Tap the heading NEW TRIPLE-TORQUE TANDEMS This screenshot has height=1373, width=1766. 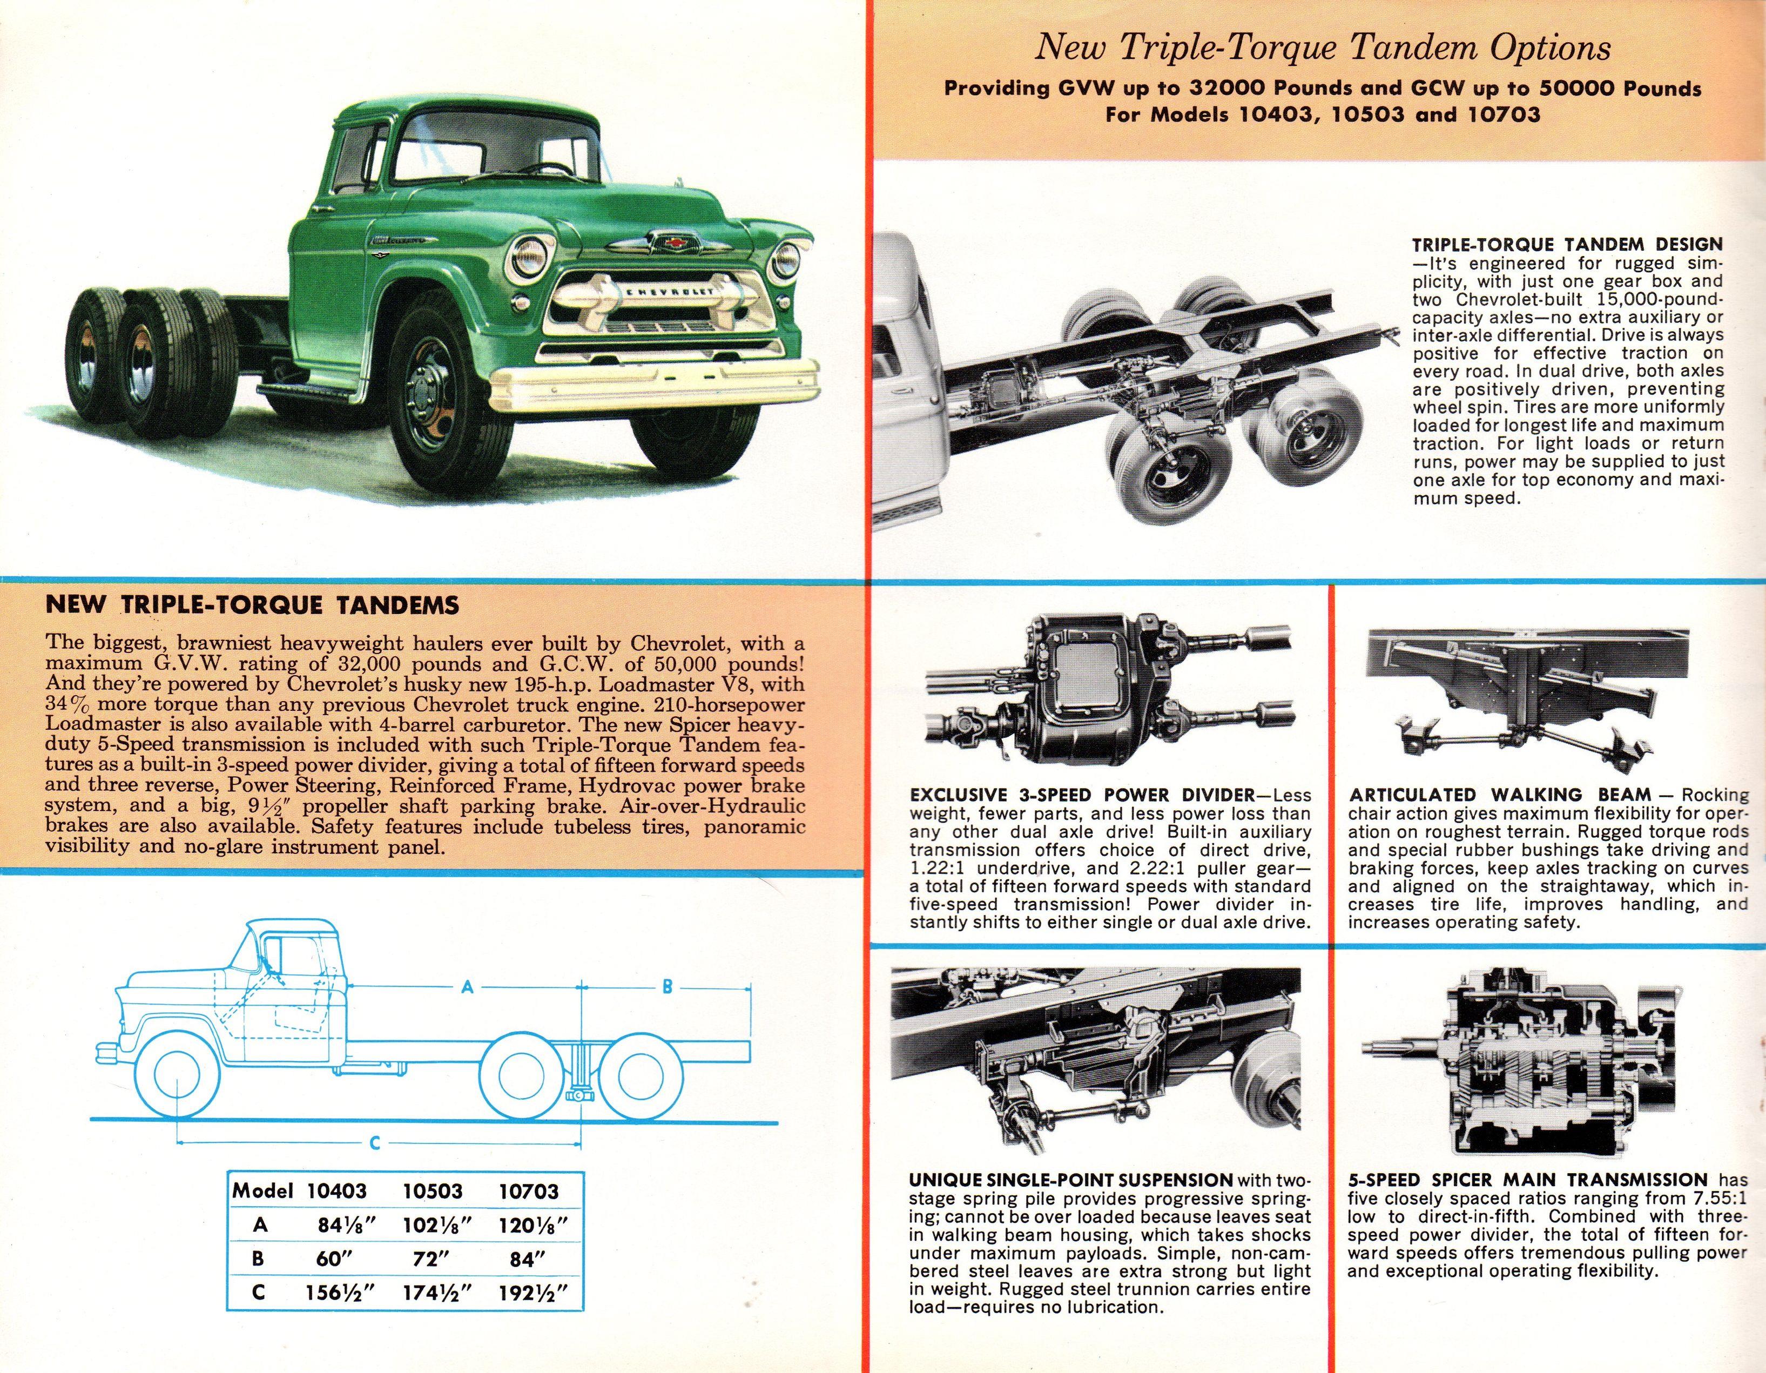(252, 605)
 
